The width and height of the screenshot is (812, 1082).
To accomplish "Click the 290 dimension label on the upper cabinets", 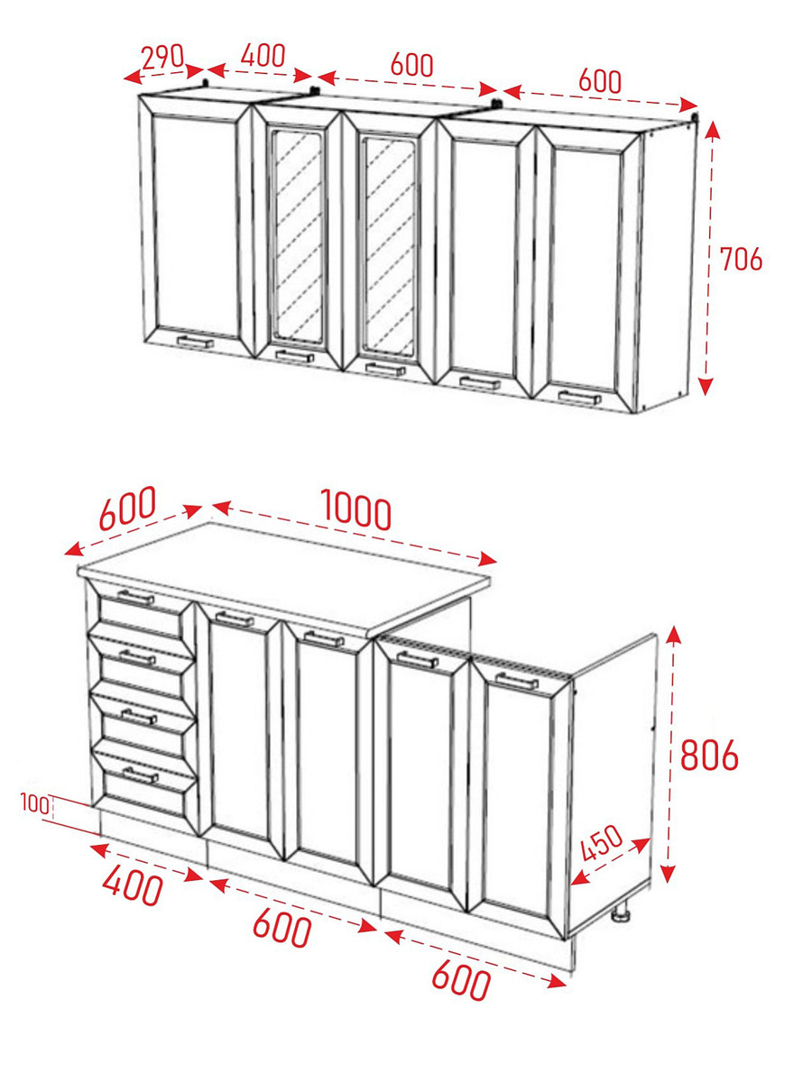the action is tap(162, 57).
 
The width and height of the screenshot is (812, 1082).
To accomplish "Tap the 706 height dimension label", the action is tap(742, 259).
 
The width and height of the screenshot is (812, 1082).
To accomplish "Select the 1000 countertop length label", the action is tap(356, 509).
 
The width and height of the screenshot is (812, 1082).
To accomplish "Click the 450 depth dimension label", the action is tap(602, 842).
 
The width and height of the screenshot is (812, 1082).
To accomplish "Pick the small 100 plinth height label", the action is tap(35, 803).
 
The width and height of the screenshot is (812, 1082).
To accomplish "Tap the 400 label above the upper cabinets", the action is tap(263, 55).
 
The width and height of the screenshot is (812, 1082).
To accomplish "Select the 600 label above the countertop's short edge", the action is tap(127, 509).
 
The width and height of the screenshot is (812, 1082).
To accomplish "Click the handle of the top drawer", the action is tap(136, 598).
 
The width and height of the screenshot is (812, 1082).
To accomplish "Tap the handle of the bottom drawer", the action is tap(141, 775).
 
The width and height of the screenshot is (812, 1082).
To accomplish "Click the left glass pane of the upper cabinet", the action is tap(299, 236).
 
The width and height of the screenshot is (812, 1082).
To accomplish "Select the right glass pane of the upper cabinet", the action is tap(390, 246).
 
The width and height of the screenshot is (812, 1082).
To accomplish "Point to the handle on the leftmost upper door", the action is tap(195, 342).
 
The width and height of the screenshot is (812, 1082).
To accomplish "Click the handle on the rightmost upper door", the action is tap(579, 398).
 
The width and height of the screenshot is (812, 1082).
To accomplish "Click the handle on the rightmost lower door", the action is tap(516, 682).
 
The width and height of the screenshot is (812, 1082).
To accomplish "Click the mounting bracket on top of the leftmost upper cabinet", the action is tap(206, 83).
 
